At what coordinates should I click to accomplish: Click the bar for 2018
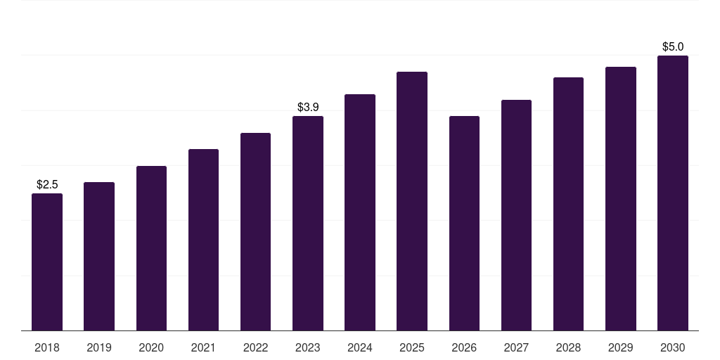coord(47,262)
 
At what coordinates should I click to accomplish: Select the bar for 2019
coord(99,256)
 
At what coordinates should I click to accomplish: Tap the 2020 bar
coord(151,248)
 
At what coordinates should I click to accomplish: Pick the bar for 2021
coord(203,240)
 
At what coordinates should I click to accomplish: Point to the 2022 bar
coord(255,231)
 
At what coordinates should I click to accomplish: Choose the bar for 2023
coord(308,223)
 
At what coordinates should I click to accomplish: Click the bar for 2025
coord(412,201)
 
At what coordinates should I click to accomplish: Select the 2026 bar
coord(464,223)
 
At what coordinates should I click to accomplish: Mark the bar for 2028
coord(568,204)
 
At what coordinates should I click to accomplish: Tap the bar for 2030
coord(673,193)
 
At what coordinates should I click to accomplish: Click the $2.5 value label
coord(47,185)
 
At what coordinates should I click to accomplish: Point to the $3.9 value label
coord(308,108)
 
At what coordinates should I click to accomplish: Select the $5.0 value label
coord(673,47)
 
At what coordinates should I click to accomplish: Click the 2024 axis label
coord(359,347)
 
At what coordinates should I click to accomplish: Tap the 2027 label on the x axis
coord(516,347)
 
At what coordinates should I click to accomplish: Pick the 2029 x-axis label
coord(620,347)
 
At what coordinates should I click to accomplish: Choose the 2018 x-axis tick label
coord(47,347)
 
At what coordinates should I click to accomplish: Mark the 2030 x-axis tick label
coord(673,347)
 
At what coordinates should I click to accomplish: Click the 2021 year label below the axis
coord(203,347)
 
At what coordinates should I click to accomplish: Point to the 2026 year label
coord(464,347)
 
